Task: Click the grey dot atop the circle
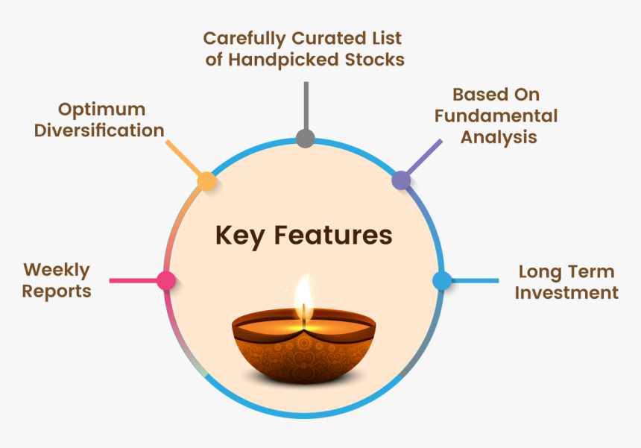306,138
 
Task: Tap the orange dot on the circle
206,181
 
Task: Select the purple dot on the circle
402,180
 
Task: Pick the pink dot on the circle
166,281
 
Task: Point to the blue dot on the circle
442,281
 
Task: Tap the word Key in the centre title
240,236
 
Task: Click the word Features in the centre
333,235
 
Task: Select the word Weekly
57,271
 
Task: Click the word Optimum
101,110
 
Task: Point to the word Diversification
99,130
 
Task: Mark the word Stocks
374,60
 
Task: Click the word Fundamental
496,116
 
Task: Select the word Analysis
499,138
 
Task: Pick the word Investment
566,293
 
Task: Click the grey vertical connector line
306,105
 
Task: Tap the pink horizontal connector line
133,281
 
